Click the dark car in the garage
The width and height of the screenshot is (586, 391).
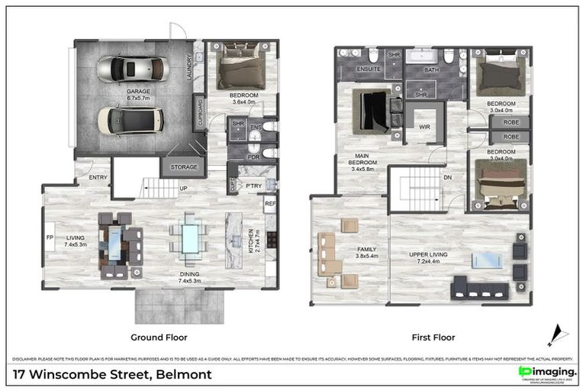(x=130, y=119)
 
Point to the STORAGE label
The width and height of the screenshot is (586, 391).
(x=183, y=166)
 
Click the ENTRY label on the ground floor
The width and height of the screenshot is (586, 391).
(x=98, y=177)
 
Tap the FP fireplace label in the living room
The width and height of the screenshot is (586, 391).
(x=50, y=237)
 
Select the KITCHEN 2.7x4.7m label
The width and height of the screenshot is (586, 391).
(x=257, y=242)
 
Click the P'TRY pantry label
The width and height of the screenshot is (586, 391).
(x=253, y=186)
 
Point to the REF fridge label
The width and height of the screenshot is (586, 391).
(x=269, y=204)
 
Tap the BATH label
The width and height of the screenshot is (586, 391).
(x=432, y=70)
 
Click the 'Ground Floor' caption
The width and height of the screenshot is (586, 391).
(x=160, y=336)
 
